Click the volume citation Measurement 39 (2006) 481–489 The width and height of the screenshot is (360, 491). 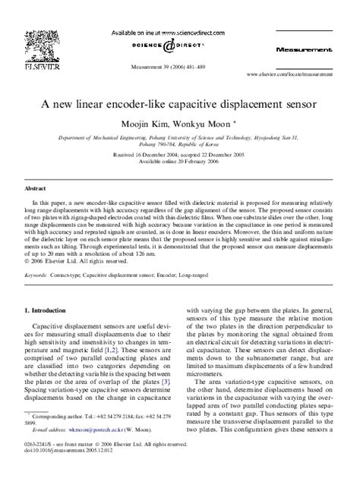tap(180, 67)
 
